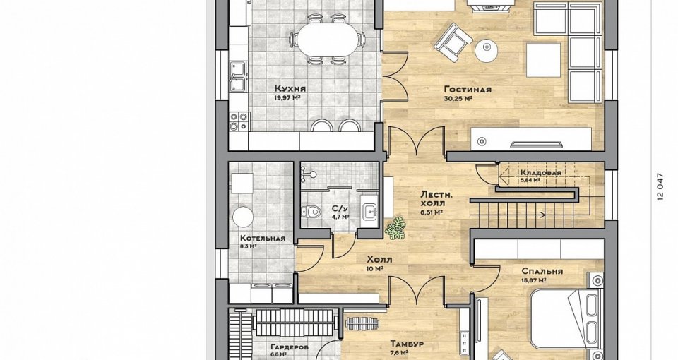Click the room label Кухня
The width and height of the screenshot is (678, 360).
tap(290, 89)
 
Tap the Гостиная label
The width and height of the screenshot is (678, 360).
tap(468, 90)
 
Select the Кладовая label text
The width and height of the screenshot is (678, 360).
tap(540, 173)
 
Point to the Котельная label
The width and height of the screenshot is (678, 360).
tap(263, 238)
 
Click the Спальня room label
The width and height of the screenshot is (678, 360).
tap(542, 271)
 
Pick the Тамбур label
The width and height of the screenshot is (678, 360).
tap(407, 344)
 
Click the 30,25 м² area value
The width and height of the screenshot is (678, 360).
tap(458, 99)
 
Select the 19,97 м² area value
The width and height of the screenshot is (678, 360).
tap(287, 97)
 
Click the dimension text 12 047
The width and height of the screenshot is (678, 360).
tap(660, 186)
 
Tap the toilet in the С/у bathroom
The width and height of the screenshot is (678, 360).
tap(310, 211)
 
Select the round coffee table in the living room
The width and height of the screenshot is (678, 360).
tap(487, 51)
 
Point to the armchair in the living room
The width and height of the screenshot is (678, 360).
tap(453, 39)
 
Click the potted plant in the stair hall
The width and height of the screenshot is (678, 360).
tap(395, 229)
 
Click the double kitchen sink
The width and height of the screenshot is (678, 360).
tap(238, 77)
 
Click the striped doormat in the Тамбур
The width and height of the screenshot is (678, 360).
tap(362, 323)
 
